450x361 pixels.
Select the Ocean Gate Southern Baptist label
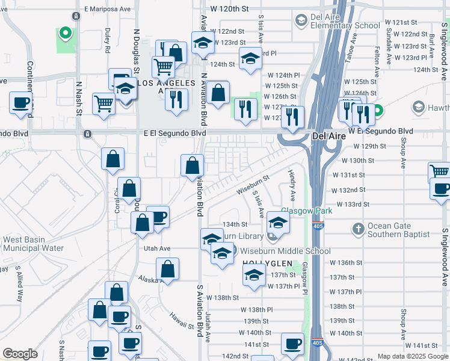(400, 229)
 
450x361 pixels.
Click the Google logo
(20, 353)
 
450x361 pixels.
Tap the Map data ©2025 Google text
(413, 356)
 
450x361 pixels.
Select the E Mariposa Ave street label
(108, 10)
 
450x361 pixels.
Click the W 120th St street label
(230, 10)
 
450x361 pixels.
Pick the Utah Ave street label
(157, 248)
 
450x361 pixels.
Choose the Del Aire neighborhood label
(328, 137)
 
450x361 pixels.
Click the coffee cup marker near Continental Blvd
(22, 102)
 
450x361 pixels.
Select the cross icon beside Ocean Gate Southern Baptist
(358, 229)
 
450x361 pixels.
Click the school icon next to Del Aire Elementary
(301, 21)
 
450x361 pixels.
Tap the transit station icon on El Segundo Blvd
(88, 133)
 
